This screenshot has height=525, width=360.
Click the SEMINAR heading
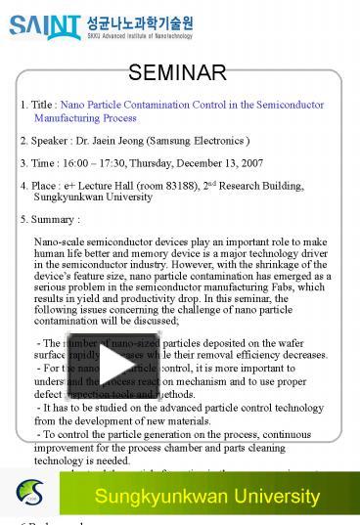(x=178, y=72)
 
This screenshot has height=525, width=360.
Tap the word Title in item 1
(x=43, y=105)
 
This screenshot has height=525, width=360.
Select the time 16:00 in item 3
(x=80, y=163)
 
